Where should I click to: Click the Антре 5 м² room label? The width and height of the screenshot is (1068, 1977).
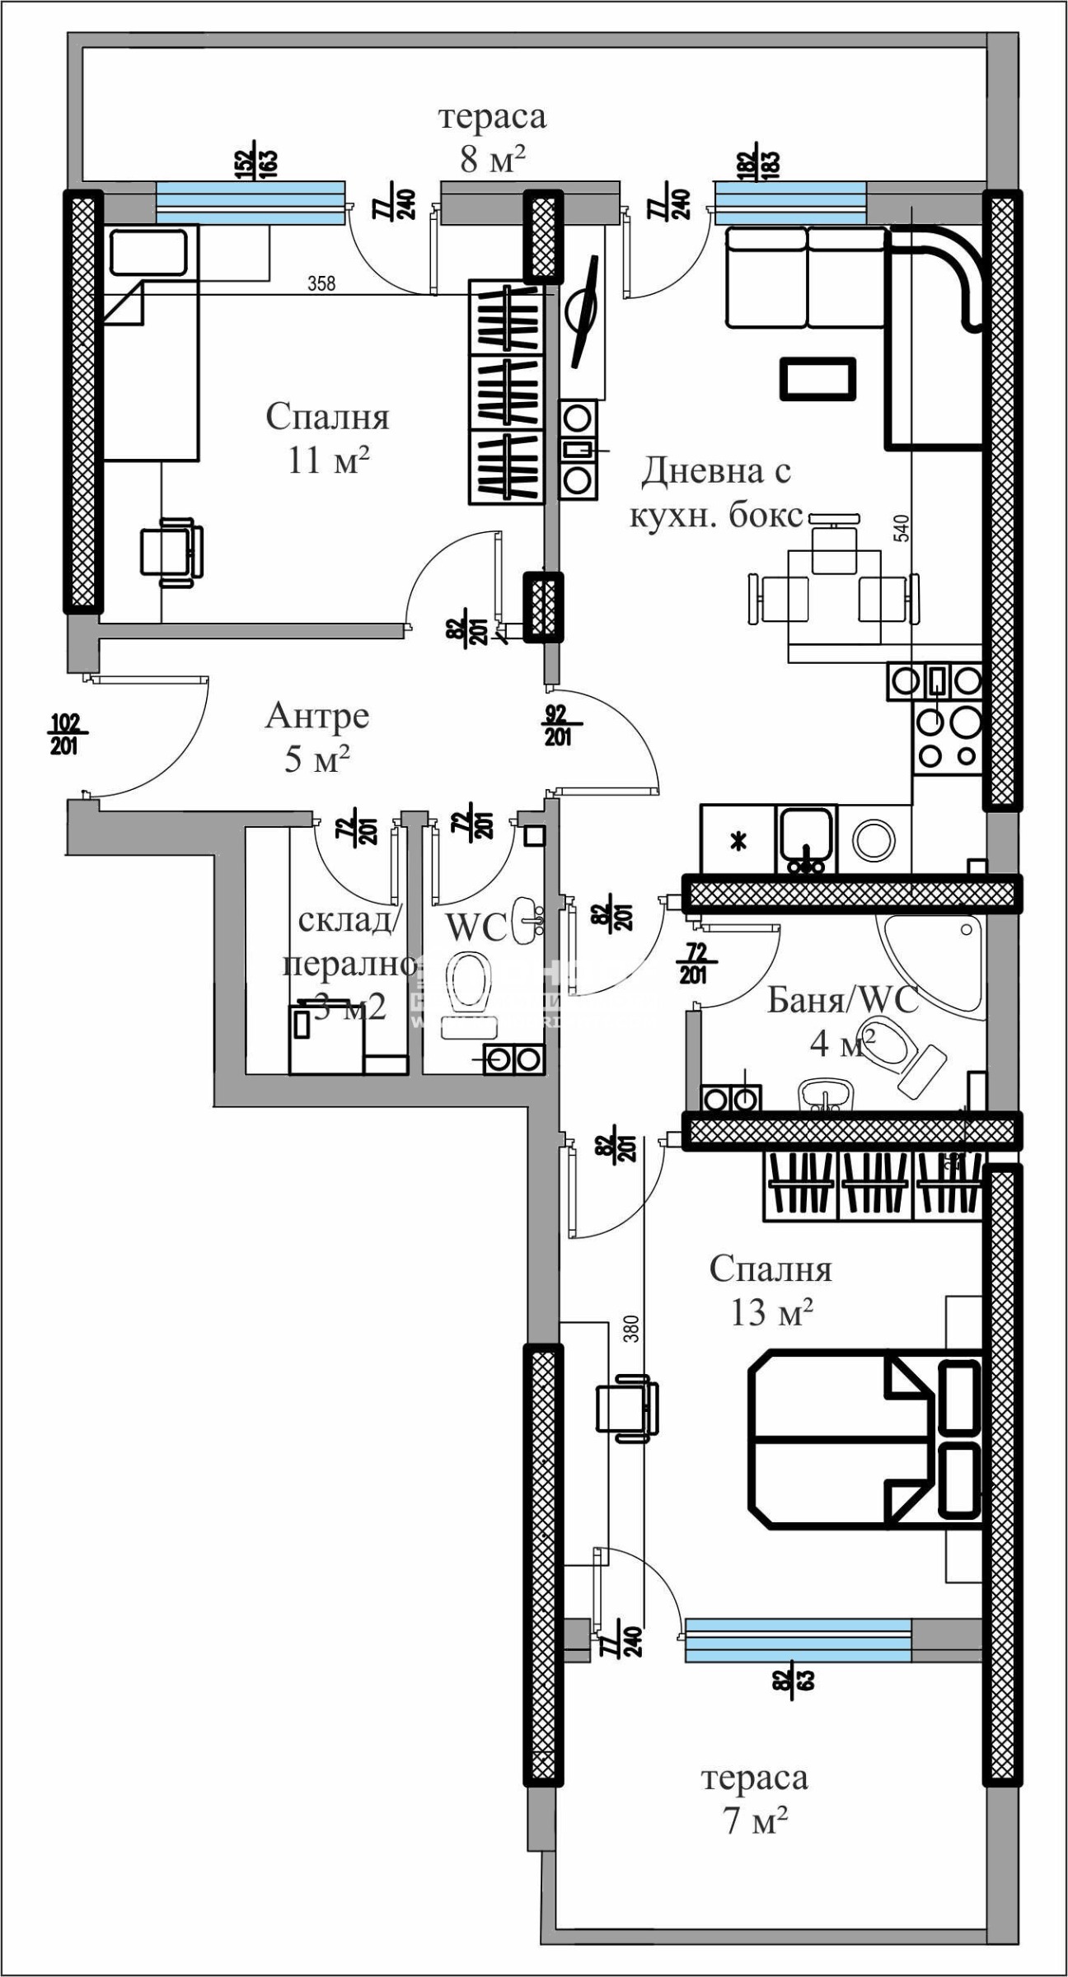(317, 737)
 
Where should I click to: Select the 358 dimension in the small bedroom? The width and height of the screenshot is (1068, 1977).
(321, 283)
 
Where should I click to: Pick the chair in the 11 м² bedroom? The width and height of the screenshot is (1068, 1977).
(171, 551)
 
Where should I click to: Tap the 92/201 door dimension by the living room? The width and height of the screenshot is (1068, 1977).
(559, 725)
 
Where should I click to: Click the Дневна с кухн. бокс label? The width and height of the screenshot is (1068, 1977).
(715, 493)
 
